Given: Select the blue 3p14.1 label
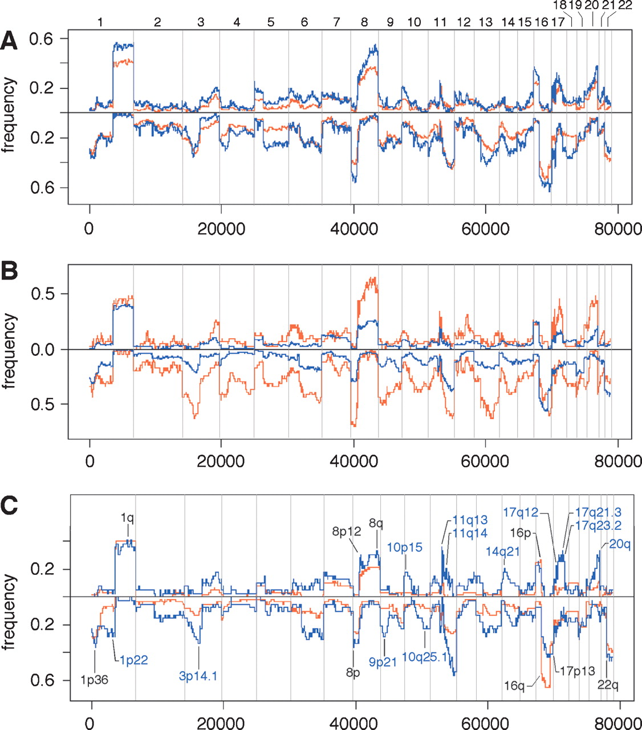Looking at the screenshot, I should [x=198, y=676].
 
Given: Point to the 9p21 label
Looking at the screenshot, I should [x=383, y=662].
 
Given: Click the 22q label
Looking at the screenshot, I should [x=608, y=684].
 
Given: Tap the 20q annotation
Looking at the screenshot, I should [x=619, y=544].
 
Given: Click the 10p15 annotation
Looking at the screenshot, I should [x=405, y=547].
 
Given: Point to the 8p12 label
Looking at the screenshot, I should [x=347, y=532].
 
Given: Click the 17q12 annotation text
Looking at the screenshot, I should [x=521, y=512].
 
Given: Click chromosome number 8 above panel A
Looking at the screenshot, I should [x=364, y=23].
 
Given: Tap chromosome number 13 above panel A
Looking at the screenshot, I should [x=485, y=23].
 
